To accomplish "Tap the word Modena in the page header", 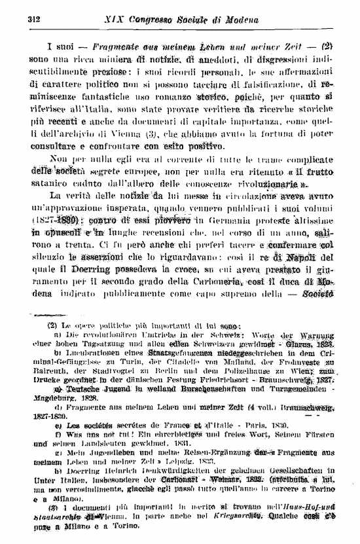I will click(x=238, y=19).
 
